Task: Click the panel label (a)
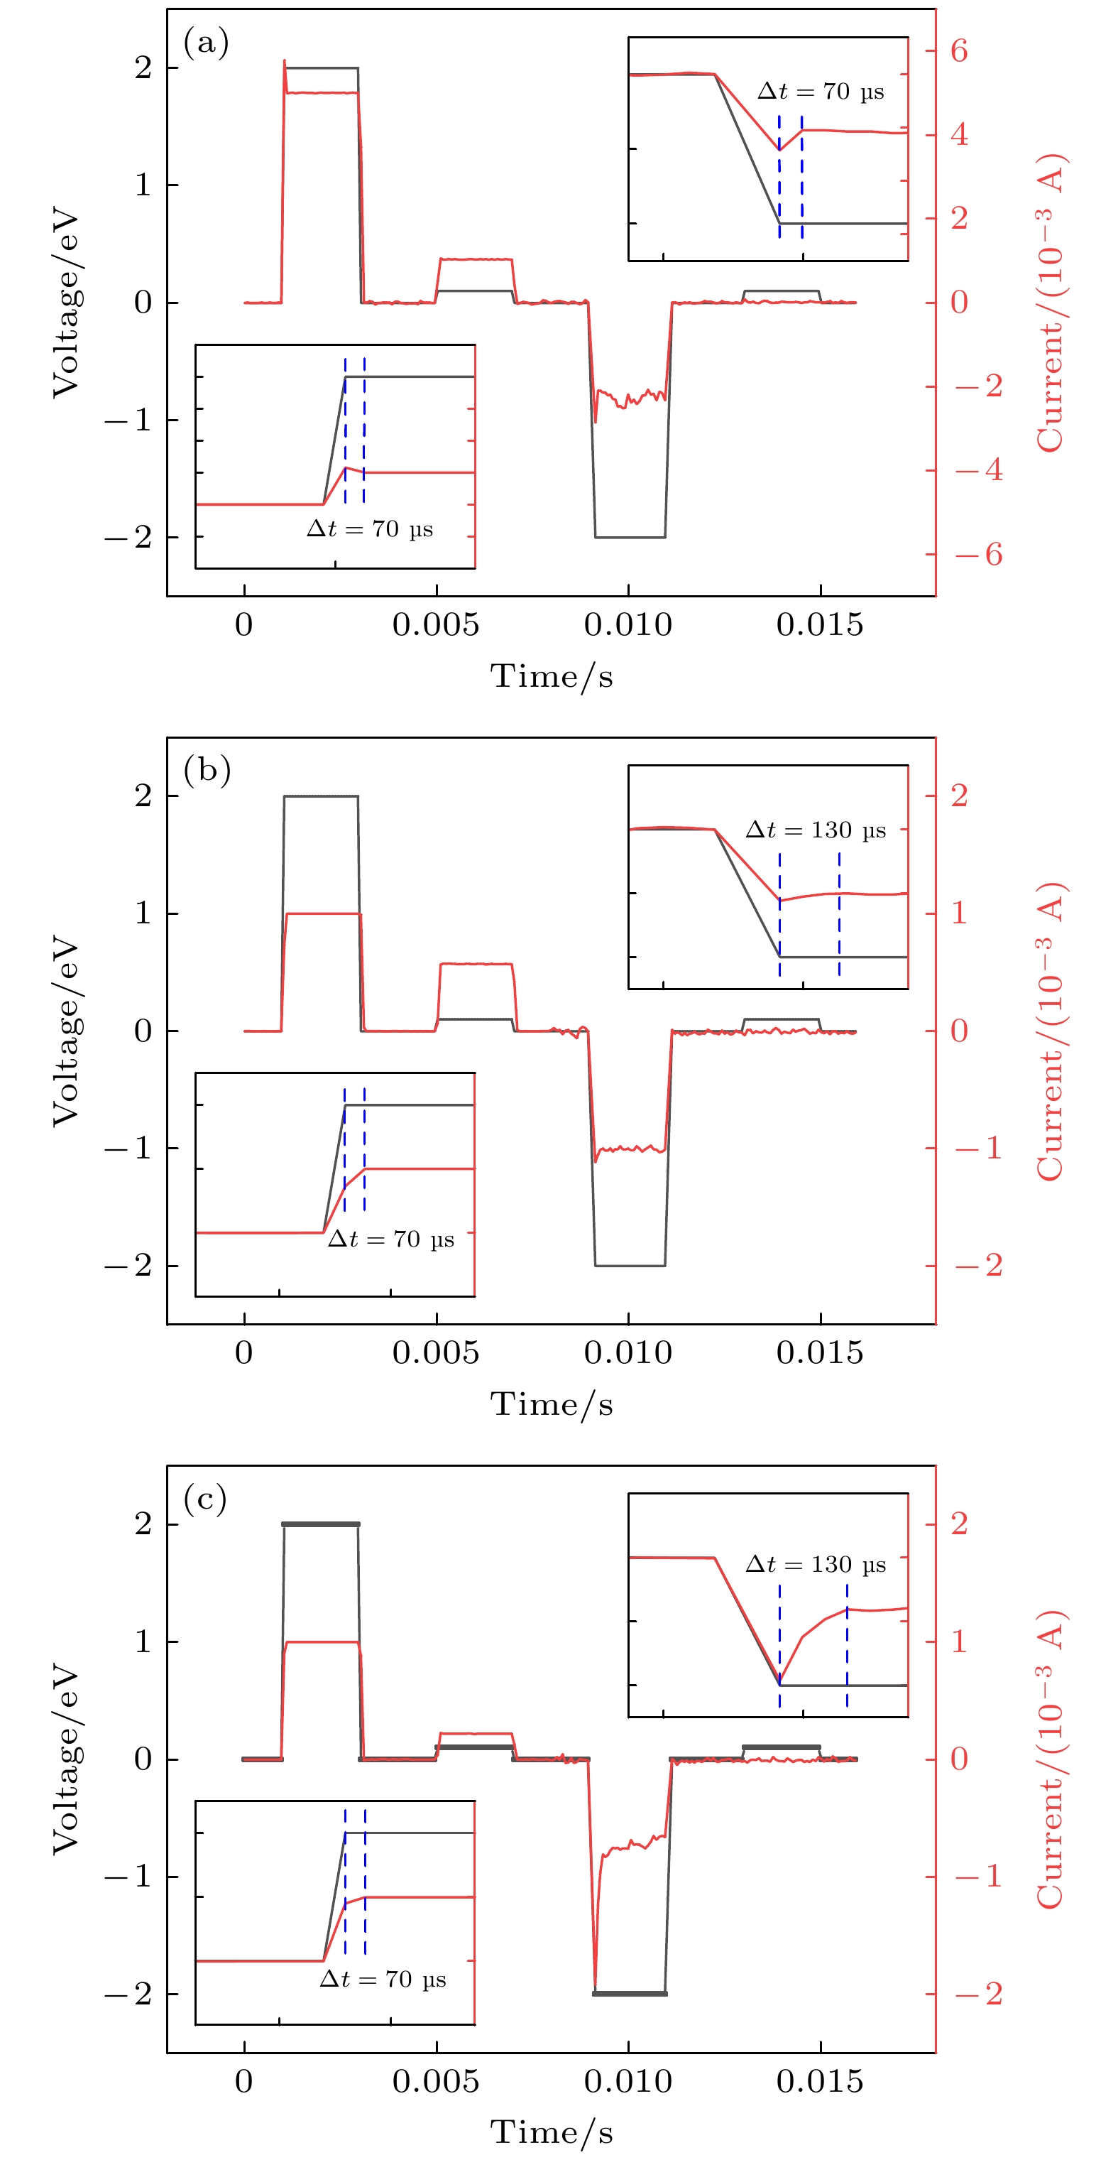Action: (x=205, y=42)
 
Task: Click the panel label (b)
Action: (x=206, y=770)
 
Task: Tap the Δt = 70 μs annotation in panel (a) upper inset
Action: (x=820, y=92)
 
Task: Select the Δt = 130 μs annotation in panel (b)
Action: (x=815, y=830)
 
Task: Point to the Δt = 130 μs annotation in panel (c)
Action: (x=815, y=1564)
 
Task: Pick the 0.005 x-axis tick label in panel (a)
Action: (x=435, y=624)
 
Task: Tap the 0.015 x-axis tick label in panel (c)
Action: (x=819, y=2081)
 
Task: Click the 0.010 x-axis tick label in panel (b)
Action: (x=627, y=1352)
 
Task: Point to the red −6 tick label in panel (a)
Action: (x=977, y=554)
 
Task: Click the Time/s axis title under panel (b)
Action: (x=552, y=1404)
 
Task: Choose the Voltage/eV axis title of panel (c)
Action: (x=65, y=1759)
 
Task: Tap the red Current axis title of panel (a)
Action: (x=1050, y=302)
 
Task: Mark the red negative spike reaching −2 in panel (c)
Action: (x=595, y=1989)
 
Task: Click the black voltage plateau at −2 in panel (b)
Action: (x=630, y=1265)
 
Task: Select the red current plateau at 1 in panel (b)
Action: (x=323, y=913)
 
